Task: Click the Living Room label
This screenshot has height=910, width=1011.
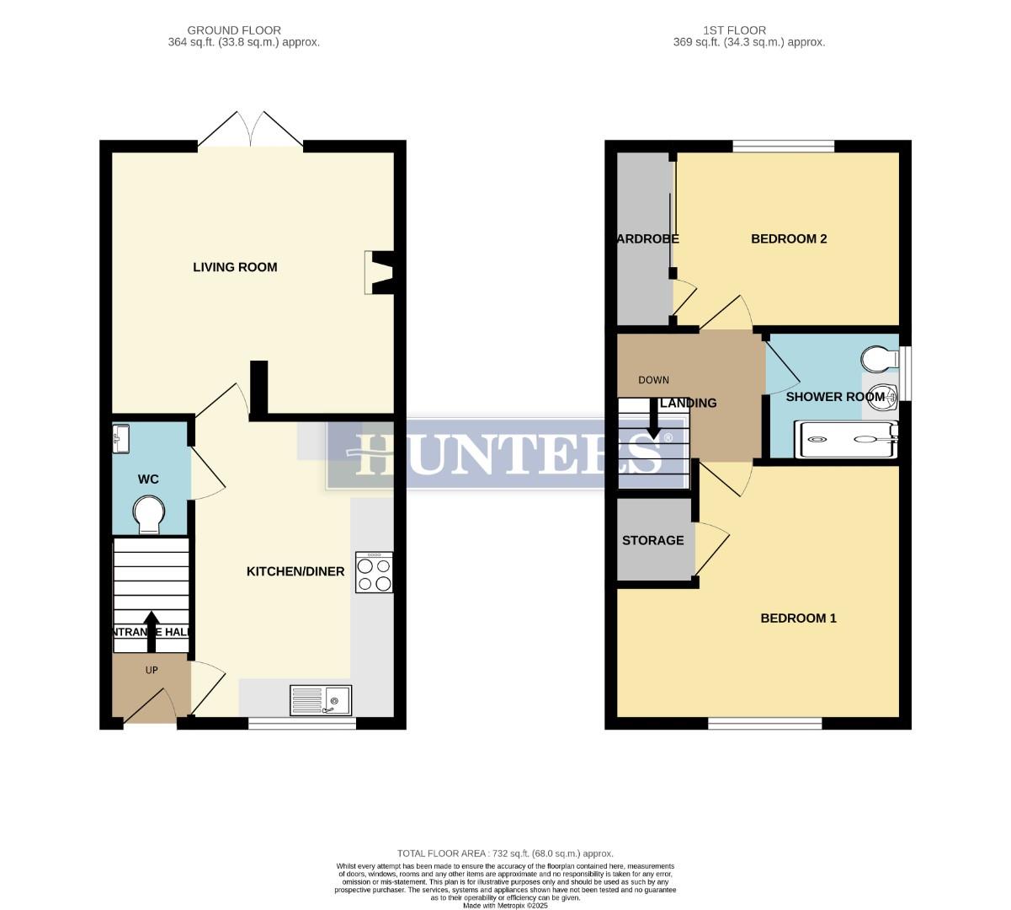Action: (x=235, y=267)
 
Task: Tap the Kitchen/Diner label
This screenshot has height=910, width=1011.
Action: (x=295, y=571)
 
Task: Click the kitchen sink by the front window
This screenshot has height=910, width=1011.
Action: (x=321, y=700)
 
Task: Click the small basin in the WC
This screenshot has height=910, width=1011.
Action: (x=120, y=436)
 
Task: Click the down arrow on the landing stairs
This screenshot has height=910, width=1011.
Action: (x=653, y=420)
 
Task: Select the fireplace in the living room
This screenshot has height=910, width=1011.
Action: (x=378, y=273)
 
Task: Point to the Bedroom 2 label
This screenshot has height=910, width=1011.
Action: (x=789, y=238)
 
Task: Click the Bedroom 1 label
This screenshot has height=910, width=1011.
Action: (x=798, y=618)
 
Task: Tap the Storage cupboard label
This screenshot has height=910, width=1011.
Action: (x=652, y=540)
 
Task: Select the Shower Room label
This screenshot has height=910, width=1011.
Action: (x=835, y=396)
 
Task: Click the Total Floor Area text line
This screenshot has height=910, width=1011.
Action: (x=505, y=854)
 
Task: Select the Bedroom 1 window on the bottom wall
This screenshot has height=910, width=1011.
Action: (x=764, y=723)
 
